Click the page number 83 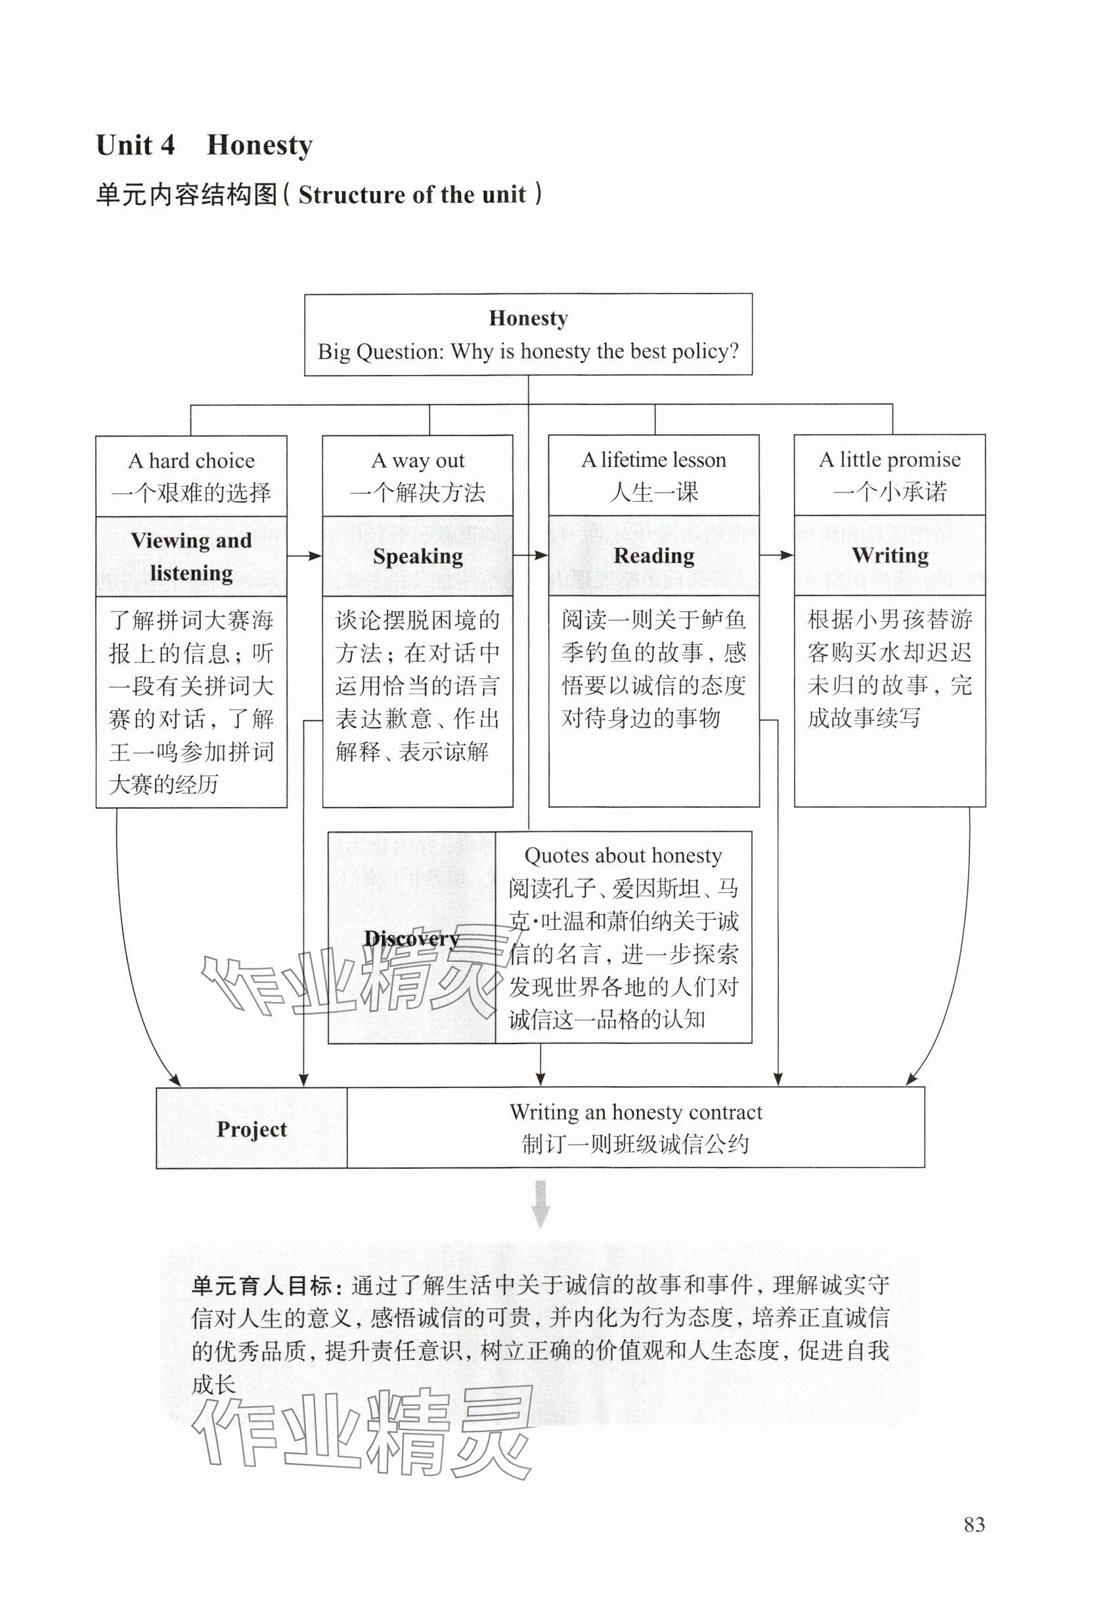tap(974, 1524)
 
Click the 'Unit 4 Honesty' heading tap(204, 145)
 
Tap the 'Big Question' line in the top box tap(528, 351)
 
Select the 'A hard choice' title tap(191, 460)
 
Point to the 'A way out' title tap(418, 460)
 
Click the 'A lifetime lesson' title tap(653, 460)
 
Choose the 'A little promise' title tap(889, 459)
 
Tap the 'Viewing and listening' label tap(191, 556)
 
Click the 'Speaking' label tap(418, 556)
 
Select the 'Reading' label tap(653, 556)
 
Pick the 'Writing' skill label tap(890, 555)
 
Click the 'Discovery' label tap(411, 938)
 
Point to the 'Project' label tap(252, 1129)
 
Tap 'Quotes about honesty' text tap(623, 855)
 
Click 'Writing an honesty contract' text tap(636, 1112)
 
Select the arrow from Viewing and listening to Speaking tap(304, 556)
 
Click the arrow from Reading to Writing tap(776, 555)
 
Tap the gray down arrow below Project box tap(540, 1204)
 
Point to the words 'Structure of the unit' tap(412, 194)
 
